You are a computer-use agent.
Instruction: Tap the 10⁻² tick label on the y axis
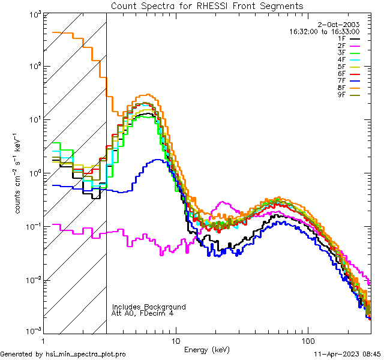[x=31, y=280]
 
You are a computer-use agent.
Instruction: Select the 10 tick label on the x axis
[x=175, y=340]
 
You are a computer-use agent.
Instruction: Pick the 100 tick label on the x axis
[x=308, y=340]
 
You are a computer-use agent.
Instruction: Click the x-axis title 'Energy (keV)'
[x=207, y=349]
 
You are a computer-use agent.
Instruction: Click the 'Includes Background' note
[x=149, y=307]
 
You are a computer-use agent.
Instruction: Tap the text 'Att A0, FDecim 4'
[x=142, y=313]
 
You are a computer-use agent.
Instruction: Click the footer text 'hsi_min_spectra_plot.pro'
[x=85, y=354]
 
